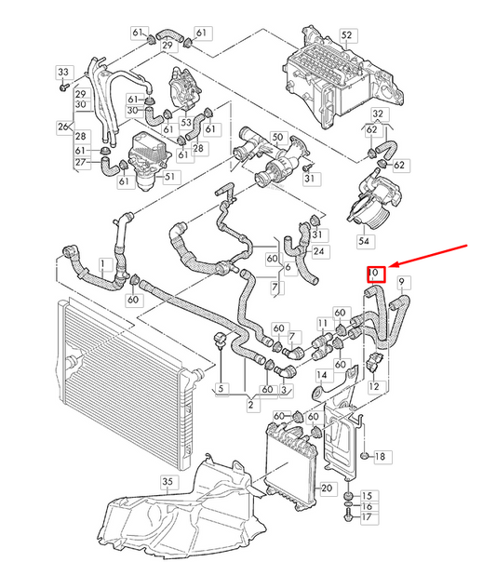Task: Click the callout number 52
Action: (x=347, y=35)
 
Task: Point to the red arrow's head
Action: (x=388, y=266)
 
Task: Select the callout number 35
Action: (x=168, y=481)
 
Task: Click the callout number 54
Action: (x=362, y=241)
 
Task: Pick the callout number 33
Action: (x=62, y=73)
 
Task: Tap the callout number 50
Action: (x=276, y=137)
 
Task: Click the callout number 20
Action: (x=327, y=488)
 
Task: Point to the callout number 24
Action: (x=319, y=251)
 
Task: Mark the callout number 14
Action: (x=319, y=376)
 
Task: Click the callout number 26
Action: (x=63, y=127)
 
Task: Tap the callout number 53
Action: (x=185, y=123)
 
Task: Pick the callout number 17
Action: (x=366, y=516)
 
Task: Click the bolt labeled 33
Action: (x=62, y=89)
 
